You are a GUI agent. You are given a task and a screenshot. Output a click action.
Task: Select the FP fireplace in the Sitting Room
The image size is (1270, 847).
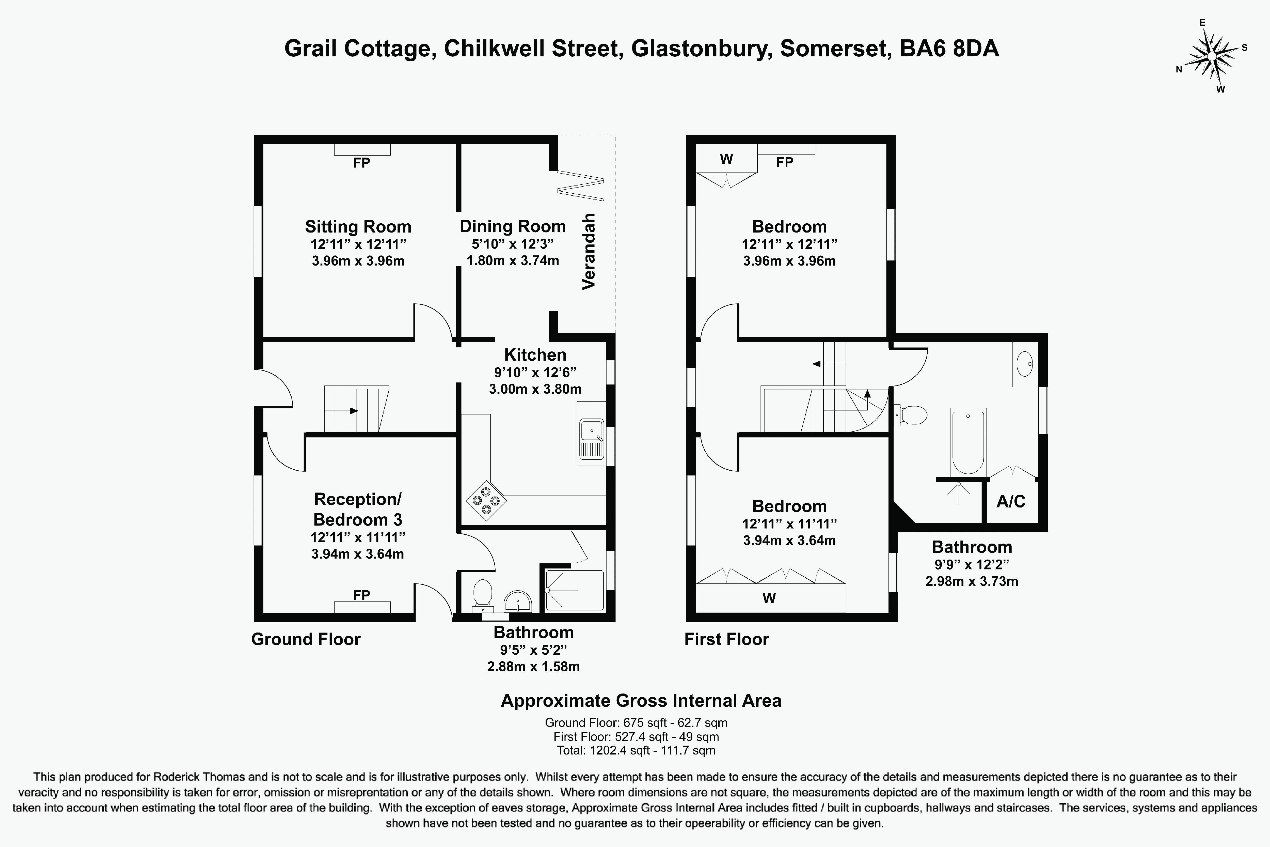pyautogui.click(x=361, y=162)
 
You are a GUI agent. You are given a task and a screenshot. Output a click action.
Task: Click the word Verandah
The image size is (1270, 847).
pyautogui.click(x=589, y=251)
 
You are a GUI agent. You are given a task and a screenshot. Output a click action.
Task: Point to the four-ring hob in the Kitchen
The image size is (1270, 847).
pyautogui.click(x=486, y=500)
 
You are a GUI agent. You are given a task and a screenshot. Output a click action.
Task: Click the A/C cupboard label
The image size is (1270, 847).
pyautogui.click(x=1010, y=501)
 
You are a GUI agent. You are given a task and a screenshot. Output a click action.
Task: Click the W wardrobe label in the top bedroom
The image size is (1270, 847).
pyautogui.click(x=726, y=159)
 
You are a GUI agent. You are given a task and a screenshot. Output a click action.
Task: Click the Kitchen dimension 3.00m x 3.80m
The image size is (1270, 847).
pyautogui.click(x=535, y=389)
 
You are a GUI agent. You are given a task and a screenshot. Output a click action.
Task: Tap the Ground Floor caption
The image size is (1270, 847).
pyautogui.click(x=306, y=639)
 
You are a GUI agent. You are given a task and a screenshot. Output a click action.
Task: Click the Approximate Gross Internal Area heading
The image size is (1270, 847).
pyautogui.click(x=641, y=701)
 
